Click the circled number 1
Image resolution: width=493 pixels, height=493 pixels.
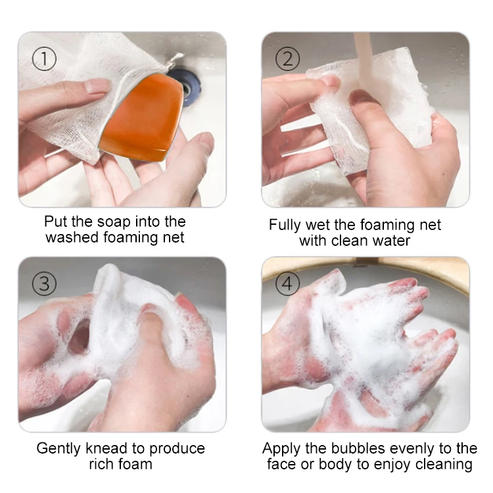[44, 59]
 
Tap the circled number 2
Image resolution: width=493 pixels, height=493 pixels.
[288, 59]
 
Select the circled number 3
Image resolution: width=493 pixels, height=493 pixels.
[44, 283]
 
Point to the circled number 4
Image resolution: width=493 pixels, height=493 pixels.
[288, 283]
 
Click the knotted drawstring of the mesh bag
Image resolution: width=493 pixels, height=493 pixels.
[174, 61]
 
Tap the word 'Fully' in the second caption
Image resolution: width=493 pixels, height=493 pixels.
[285, 225]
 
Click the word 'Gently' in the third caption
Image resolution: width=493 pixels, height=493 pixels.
[59, 449]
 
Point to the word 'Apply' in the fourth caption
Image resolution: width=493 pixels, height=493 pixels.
[281, 449]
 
